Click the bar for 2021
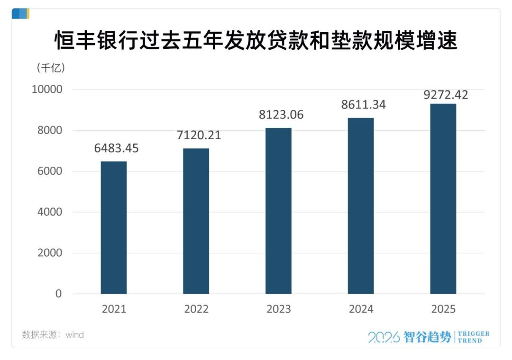coord(114,227)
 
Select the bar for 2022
coord(196,221)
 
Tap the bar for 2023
coord(278,211)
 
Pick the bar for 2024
coord(361,206)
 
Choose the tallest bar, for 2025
coord(443,198)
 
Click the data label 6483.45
coord(116,148)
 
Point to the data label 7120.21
coord(199,135)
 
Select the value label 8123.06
coord(281,115)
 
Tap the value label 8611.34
coord(364,105)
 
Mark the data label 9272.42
coord(446,95)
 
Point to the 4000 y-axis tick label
coord(49,212)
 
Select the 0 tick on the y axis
coord(58,294)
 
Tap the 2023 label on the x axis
coord(279,309)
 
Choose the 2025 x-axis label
coord(443,309)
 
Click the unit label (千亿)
coord(51,68)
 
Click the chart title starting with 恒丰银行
coord(256,41)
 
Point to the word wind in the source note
coord(74,335)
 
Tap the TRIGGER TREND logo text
coord(474,337)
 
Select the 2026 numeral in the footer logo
coord(384,337)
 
